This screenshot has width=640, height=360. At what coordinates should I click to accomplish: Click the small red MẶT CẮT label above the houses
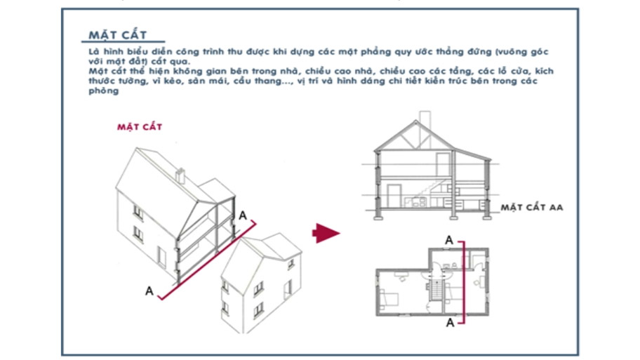pos(139,127)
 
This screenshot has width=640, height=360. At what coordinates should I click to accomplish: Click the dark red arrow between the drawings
pos(325,233)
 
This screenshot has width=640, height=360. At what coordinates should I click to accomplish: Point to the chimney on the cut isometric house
pos(180,175)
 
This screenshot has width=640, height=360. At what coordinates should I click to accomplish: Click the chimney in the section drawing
pos(423,118)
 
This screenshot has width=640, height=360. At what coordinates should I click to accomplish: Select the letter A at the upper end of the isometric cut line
pos(243,215)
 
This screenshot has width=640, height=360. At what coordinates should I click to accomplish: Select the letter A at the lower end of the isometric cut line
pos(149,290)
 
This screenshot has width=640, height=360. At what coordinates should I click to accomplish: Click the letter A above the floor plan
pos(449,240)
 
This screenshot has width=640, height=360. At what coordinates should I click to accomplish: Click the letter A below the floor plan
pos(449,322)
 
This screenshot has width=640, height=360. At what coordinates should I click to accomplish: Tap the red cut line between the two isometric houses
pos(211,260)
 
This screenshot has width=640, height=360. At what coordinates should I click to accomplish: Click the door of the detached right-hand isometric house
pos(288,288)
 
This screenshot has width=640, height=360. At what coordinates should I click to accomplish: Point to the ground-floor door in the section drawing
pos(394,196)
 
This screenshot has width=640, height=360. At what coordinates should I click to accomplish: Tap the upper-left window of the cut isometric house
pos(138,211)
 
